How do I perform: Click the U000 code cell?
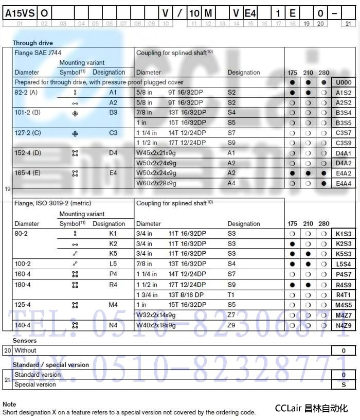click(x=344, y=82)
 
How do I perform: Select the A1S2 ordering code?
click(x=344, y=93)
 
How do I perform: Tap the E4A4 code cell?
click(x=344, y=183)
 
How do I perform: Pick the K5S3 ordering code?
click(x=344, y=254)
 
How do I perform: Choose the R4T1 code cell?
click(x=344, y=295)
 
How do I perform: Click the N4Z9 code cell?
click(x=344, y=325)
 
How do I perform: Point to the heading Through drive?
click(x=32, y=43)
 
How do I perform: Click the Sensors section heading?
click(x=24, y=341)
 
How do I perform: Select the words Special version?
click(x=35, y=384)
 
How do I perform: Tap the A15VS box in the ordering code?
click(x=20, y=14)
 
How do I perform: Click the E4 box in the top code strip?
click(x=250, y=14)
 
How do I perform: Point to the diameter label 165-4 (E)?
click(x=28, y=173)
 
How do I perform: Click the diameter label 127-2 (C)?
click(x=28, y=133)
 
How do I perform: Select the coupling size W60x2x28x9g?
click(x=156, y=183)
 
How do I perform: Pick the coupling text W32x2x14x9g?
click(x=156, y=315)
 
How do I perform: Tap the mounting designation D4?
click(x=113, y=153)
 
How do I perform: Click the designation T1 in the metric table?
click(x=231, y=295)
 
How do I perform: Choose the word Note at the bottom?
click(x=9, y=405)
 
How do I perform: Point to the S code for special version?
click(x=344, y=384)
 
